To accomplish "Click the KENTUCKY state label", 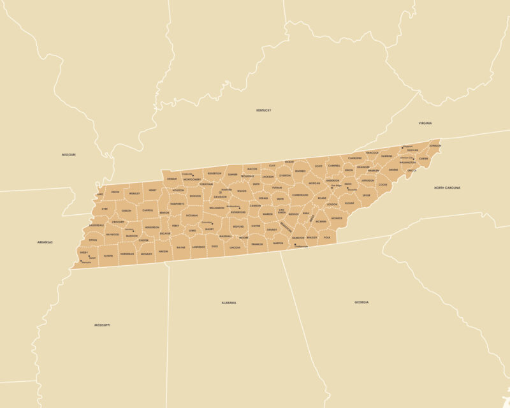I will [x=263, y=110].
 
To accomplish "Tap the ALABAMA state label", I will [x=228, y=303].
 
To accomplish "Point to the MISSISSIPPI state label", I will [x=102, y=325].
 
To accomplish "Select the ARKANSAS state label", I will [x=45, y=242].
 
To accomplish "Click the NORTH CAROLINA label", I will [x=447, y=188].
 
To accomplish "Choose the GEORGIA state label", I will [x=361, y=302].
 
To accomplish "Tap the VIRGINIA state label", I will [x=425, y=122].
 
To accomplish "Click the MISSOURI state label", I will [x=68, y=155].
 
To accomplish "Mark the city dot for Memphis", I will [x=81, y=260].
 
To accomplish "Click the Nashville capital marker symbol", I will [x=221, y=193].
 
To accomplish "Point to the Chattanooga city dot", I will [x=296, y=245].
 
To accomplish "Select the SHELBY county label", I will [x=84, y=252].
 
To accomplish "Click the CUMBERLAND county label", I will [x=300, y=194].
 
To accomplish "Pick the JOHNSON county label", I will [x=435, y=146].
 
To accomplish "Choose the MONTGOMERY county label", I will [x=192, y=180].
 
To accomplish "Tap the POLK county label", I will [x=327, y=238].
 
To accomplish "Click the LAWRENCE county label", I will [x=198, y=247].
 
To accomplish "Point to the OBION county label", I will [x=115, y=192].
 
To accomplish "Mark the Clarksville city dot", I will [x=194, y=175].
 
